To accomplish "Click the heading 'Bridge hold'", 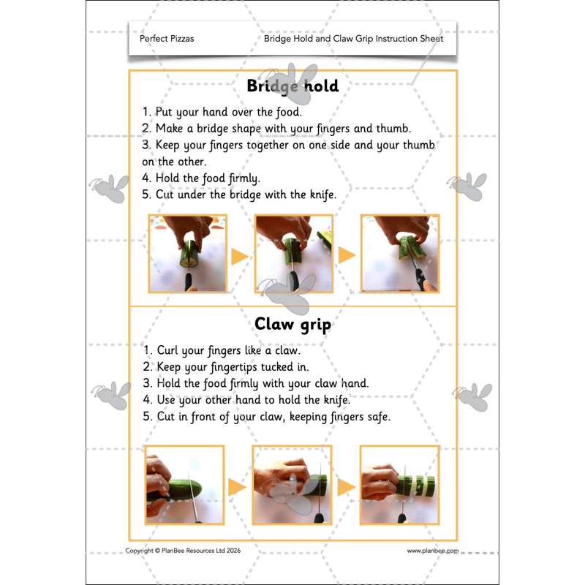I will click(x=292, y=86).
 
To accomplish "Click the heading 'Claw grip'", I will click(x=292, y=324).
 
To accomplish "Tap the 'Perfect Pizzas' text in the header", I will click(x=167, y=39).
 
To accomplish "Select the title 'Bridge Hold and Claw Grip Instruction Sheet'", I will click(x=353, y=39).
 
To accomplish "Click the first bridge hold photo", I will click(x=187, y=254).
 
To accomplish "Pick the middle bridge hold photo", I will click(x=293, y=254).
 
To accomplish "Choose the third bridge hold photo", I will click(x=399, y=254).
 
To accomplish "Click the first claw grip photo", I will click(x=184, y=485).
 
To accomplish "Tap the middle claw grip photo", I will click(x=292, y=485).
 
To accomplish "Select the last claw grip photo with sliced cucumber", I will click(x=399, y=485).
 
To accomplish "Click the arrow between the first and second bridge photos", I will click(x=240, y=257).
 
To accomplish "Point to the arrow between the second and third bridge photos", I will click(x=347, y=255).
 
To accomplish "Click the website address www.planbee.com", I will click(x=432, y=551).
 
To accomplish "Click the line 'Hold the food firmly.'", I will click(x=201, y=178).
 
